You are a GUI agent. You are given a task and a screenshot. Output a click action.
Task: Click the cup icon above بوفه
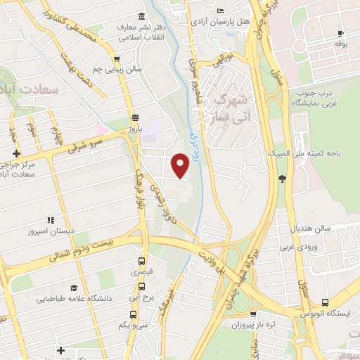[341, 34]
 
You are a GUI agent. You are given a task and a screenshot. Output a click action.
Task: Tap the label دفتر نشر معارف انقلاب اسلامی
[143, 32]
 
